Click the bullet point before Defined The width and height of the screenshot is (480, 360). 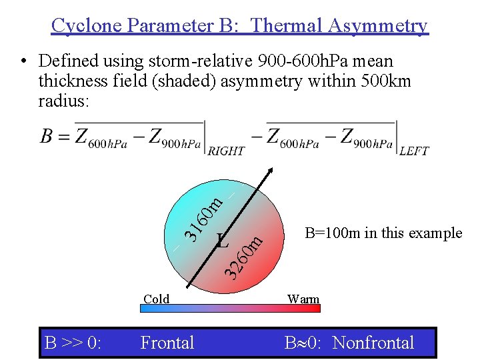click(x=23, y=62)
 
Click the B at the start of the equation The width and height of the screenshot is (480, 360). click(x=47, y=137)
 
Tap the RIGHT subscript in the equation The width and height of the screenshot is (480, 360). click(x=227, y=151)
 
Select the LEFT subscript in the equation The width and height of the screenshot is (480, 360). click(x=414, y=151)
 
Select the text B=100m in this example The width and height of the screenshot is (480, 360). click(x=383, y=233)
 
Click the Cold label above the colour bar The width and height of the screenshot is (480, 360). click(x=157, y=299)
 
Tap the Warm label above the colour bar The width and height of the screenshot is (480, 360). click(x=303, y=299)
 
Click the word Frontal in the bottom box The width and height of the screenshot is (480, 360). click(x=167, y=343)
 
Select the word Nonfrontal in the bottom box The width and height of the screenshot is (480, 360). click(x=373, y=343)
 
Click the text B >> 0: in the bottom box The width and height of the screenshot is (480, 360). click(x=73, y=343)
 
